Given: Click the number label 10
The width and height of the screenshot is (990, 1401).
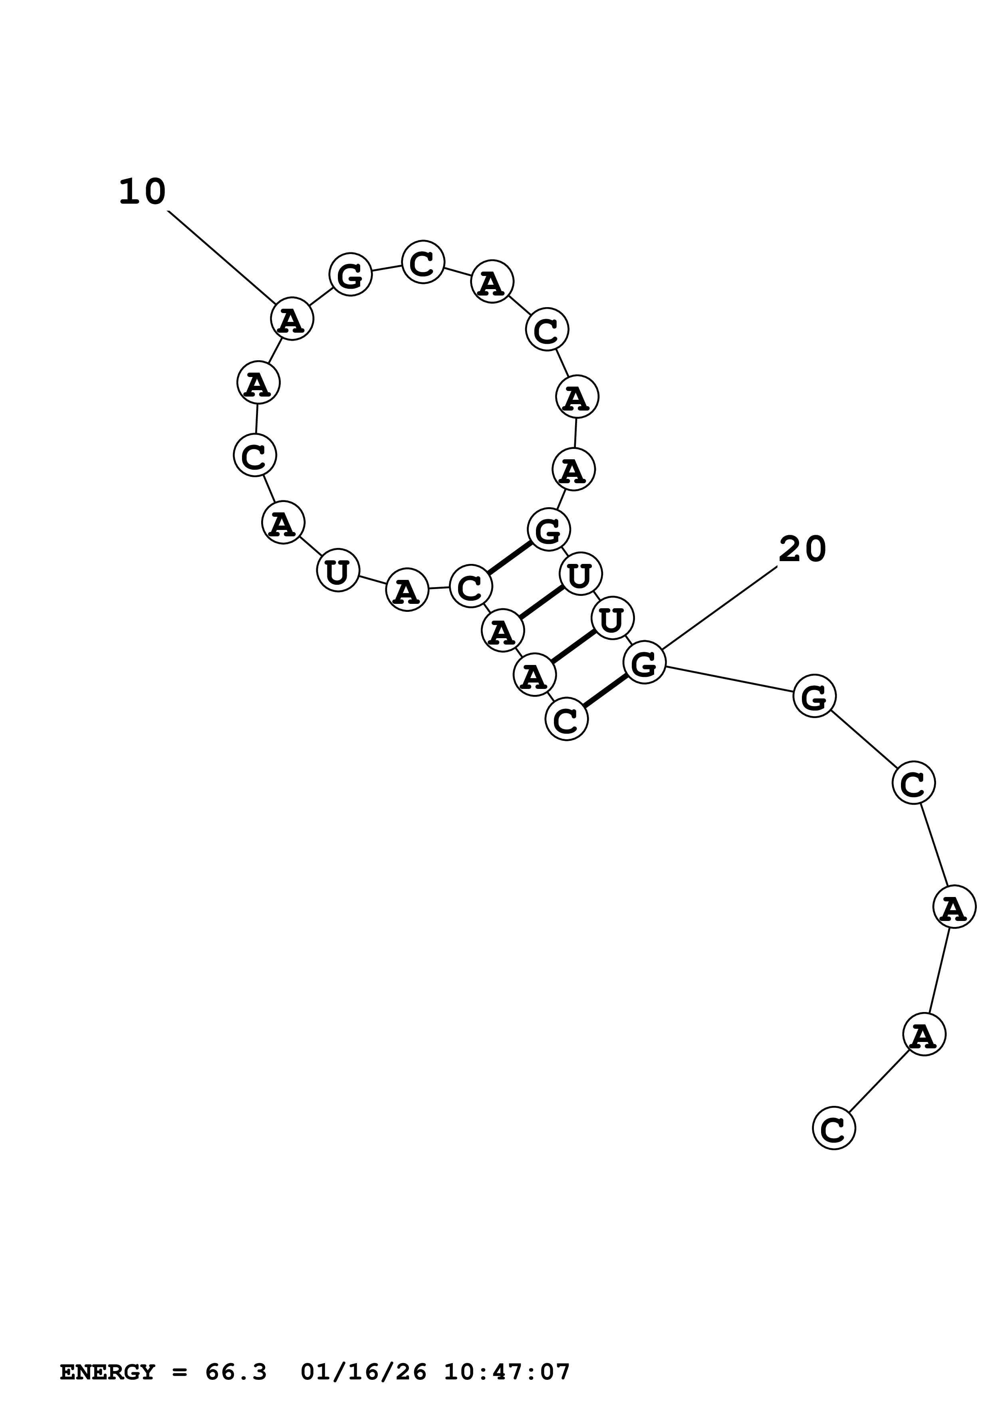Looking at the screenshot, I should coord(142,192).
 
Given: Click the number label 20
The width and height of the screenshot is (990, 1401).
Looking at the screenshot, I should coord(802,549).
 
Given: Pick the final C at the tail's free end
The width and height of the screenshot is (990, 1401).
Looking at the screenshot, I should coord(834,1128).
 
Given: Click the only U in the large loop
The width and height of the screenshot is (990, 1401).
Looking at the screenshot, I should coord(337,571).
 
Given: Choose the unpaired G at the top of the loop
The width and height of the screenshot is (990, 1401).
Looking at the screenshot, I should coord(350,275).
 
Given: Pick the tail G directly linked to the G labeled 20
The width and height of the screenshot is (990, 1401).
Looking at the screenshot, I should coord(814,696).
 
